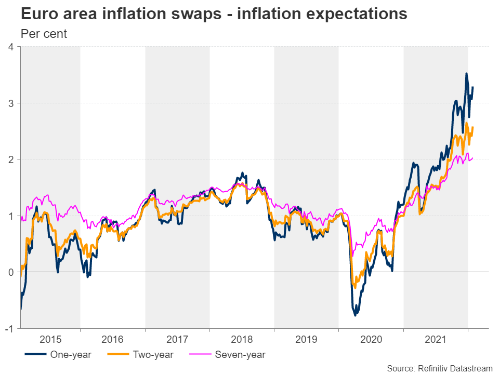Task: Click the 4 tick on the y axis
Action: point(10,47)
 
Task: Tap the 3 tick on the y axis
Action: point(10,103)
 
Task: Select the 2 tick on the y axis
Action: point(10,159)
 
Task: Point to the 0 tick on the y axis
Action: point(10,272)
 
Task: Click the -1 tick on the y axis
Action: point(9,328)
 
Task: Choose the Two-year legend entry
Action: point(152,355)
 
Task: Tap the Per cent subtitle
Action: point(44,34)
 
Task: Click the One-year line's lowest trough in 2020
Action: point(356,315)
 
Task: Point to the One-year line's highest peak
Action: point(466,74)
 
